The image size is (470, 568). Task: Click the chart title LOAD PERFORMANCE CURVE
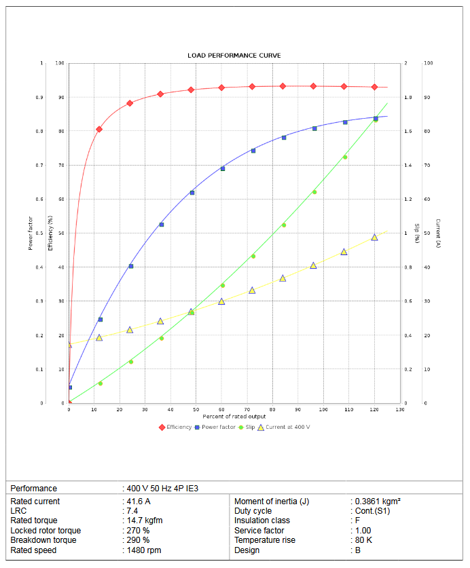click(x=234, y=56)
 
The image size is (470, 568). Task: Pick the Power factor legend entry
click(x=218, y=427)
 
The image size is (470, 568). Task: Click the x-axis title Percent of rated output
click(x=234, y=416)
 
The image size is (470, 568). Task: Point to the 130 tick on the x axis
click(x=399, y=409)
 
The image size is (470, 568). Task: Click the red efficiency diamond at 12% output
click(x=99, y=129)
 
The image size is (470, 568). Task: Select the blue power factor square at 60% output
click(x=223, y=168)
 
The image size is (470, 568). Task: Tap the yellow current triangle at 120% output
click(x=374, y=238)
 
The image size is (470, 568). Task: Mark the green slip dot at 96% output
click(x=314, y=192)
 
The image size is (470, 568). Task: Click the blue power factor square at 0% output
click(x=69, y=387)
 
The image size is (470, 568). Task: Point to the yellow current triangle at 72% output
click(x=252, y=290)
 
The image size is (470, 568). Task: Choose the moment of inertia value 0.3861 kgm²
click(x=378, y=501)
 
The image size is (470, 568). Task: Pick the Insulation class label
click(x=262, y=520)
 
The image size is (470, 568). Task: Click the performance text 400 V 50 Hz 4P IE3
click(x=162, y=489)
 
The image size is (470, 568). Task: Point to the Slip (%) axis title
click(x=416, y=233)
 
